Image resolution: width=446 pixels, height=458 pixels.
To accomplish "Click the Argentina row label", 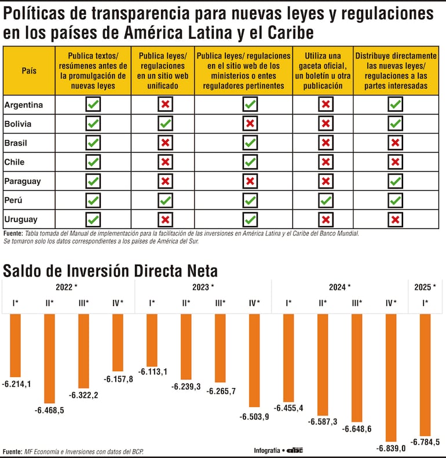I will (x=23, y=105).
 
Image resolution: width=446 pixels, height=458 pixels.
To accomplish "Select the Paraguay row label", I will (x=23, y=181).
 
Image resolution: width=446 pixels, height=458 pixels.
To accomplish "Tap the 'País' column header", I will (x=29, y=71).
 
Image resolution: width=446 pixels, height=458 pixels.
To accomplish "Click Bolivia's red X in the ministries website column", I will (x=250, y=123).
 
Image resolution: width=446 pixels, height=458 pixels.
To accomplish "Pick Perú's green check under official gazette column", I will (x=326, y=200).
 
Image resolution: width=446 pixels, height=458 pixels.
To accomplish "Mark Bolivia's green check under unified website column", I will (x=166, y=123).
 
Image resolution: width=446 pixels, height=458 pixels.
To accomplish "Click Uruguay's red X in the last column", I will (x=396, y=219).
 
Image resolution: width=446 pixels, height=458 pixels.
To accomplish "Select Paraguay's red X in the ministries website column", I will (x=250, y=181).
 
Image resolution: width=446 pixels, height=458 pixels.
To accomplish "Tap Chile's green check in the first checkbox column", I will (x=93, y=162).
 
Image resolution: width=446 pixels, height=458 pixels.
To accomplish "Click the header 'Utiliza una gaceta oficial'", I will (x=323, y=71).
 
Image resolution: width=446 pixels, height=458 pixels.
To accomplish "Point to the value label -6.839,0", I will (x=392, y=448).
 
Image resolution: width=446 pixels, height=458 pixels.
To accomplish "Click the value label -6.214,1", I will (x=16, y=383).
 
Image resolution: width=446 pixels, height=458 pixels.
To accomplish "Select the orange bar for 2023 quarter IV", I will (x=254, y=360).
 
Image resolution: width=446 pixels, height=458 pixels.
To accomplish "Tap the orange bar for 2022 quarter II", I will (x=49, y=358).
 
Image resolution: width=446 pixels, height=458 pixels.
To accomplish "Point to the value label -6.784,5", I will (x=425, y=442).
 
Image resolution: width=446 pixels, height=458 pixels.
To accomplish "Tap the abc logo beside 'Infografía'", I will (x=295, y=450).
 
